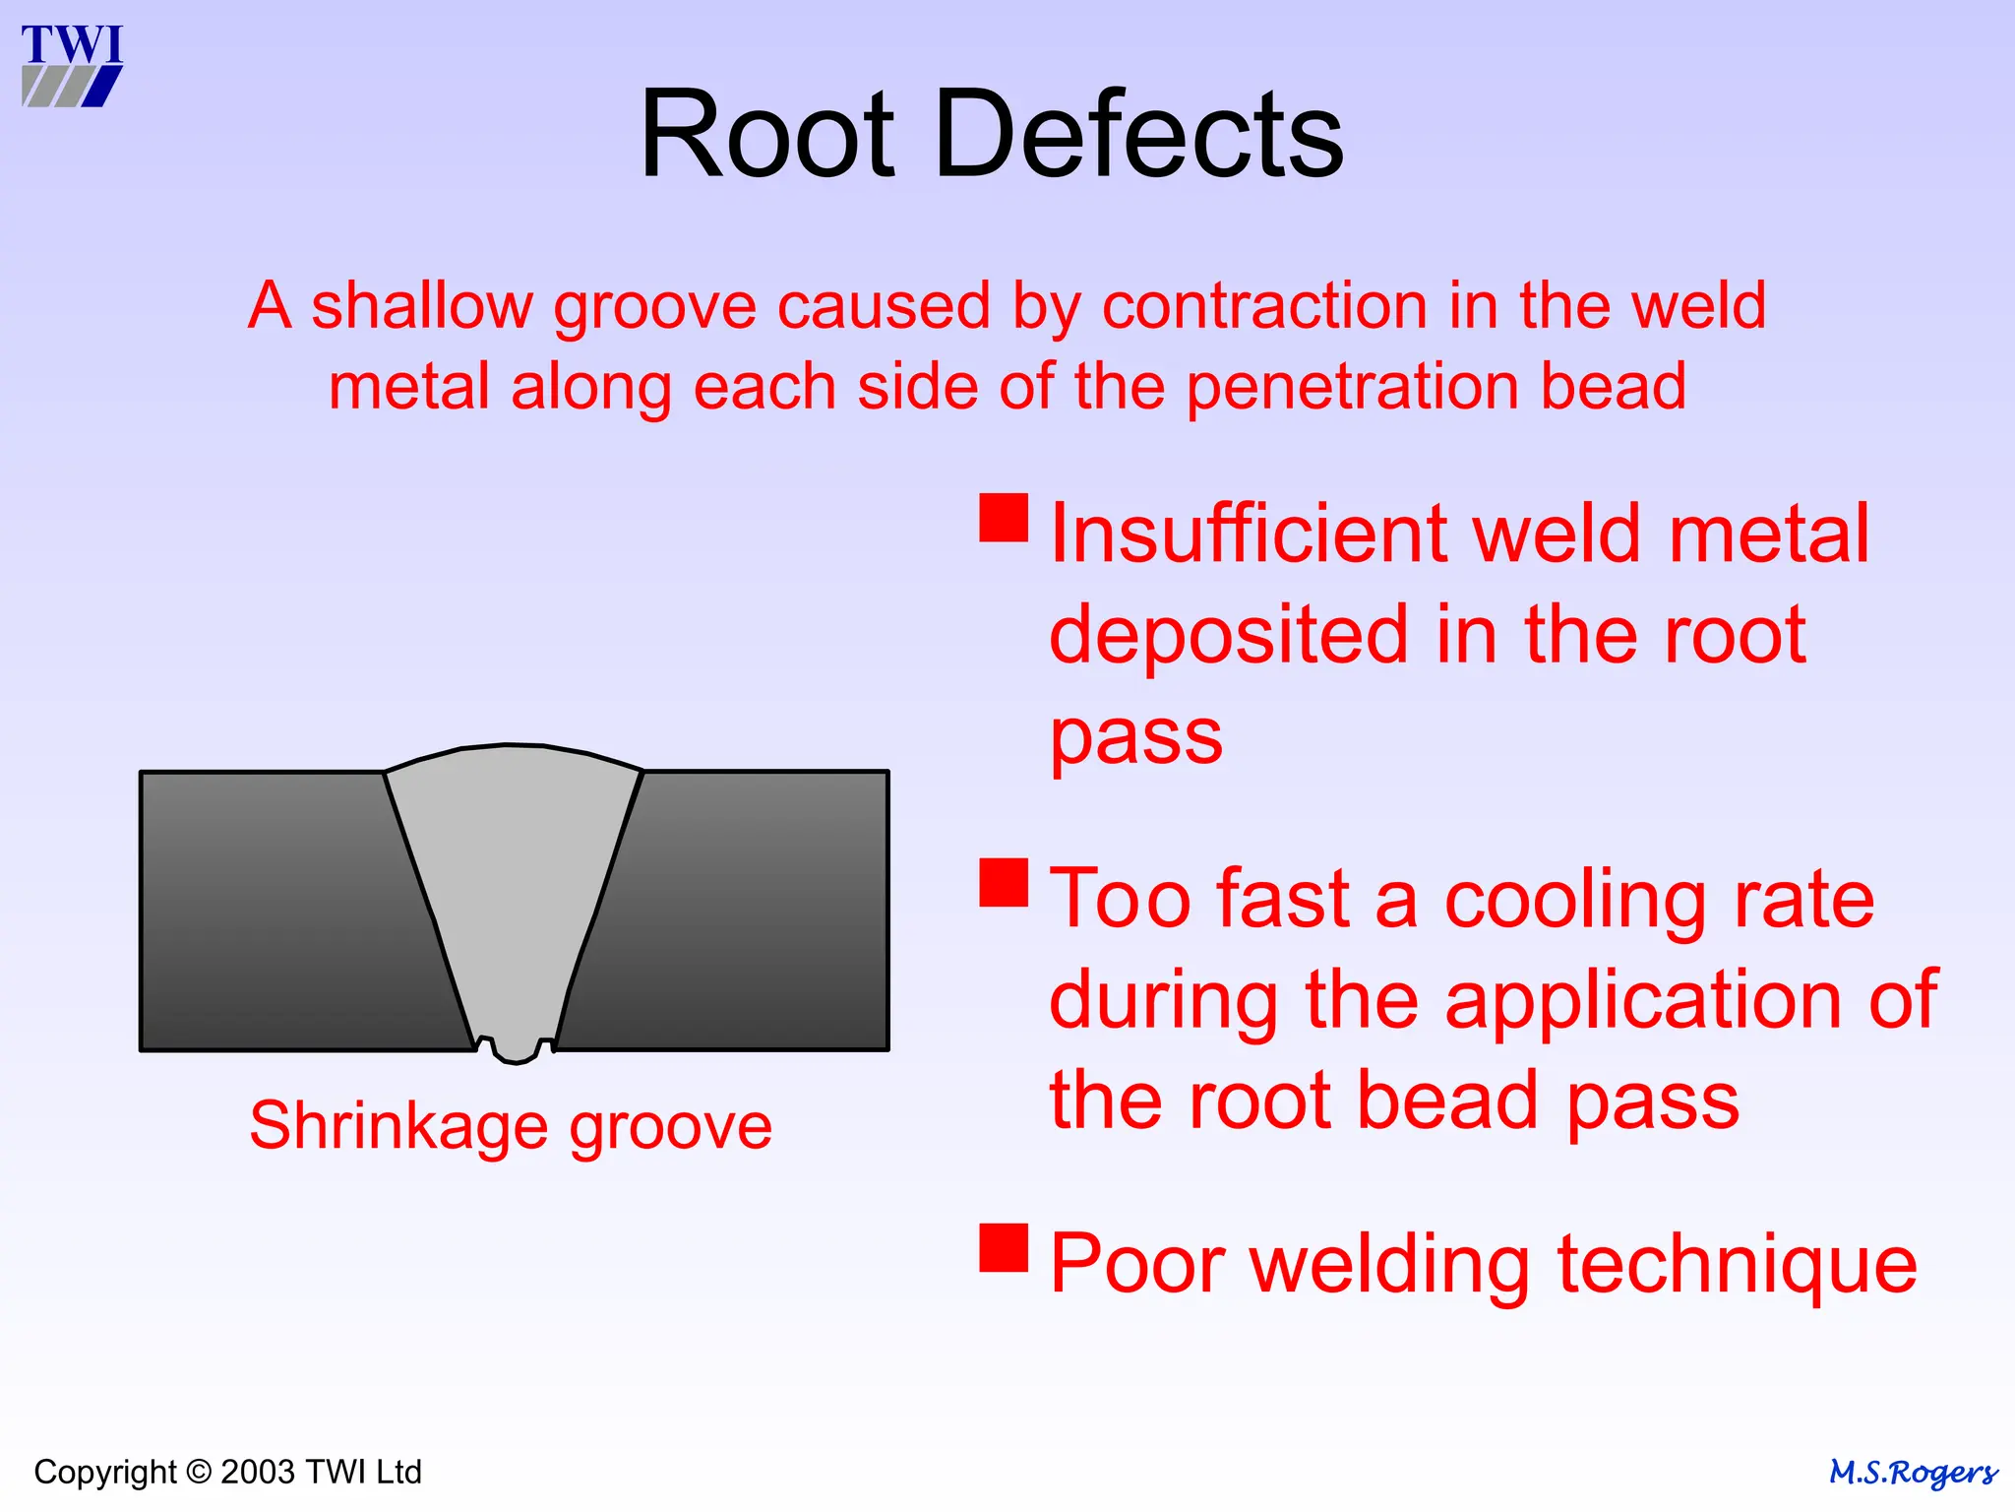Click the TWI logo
[72, 65]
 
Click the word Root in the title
[766, 134]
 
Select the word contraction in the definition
[1264, 305]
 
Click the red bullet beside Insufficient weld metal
[1004, 518]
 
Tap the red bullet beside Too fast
[1004, 882]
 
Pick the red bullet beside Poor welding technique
[1004, 1247]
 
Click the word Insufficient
[1246, 534]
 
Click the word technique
[1737, 1266]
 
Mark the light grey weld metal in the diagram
[512, 886]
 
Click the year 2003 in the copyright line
[258, 1473]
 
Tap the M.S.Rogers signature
[1913, 1474]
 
